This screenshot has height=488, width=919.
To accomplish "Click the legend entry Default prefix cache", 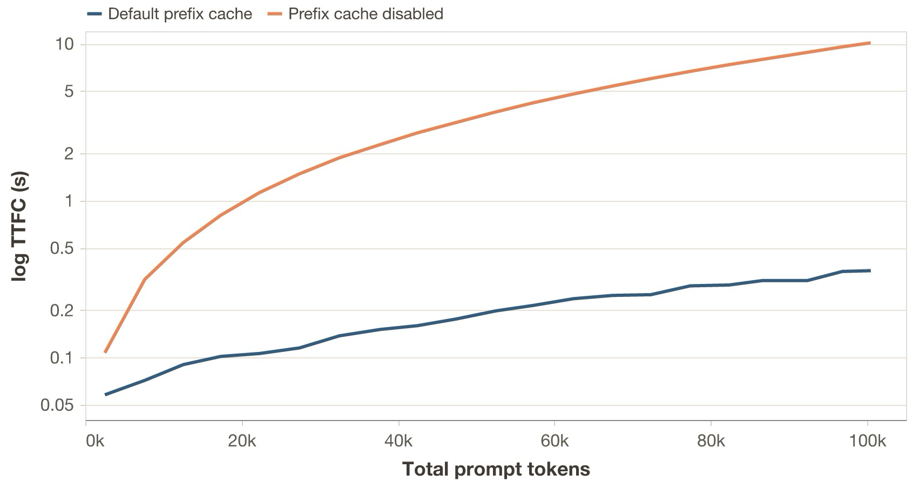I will coord(180,13).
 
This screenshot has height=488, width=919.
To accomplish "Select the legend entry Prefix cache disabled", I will coord(366,13).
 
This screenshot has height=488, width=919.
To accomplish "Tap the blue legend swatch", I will coord(94,13).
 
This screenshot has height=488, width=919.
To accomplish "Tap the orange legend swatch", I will coord(275,13).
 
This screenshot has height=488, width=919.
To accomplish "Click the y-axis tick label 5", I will coord(68,91).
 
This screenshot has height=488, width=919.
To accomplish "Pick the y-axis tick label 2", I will coord(68,154).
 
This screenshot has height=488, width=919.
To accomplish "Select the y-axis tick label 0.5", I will coord(61,249).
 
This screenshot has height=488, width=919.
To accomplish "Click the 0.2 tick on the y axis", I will coord(61,310).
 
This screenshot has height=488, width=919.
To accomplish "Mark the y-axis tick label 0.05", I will coord(57,405).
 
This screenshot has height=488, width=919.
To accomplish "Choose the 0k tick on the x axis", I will coord(95,441).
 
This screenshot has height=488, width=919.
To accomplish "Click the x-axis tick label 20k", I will coord(242,441).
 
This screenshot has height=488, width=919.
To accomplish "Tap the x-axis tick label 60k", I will coord(555,441).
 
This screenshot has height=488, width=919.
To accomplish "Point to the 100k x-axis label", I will coord(867,441).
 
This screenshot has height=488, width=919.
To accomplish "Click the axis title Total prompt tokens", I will coord(496,469).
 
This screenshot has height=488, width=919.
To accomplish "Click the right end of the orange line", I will coord(869,43).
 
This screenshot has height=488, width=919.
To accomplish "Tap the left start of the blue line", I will coord(106,395).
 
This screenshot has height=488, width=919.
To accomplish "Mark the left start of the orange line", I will coord(106,352).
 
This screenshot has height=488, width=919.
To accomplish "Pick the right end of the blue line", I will coord(869,270).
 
